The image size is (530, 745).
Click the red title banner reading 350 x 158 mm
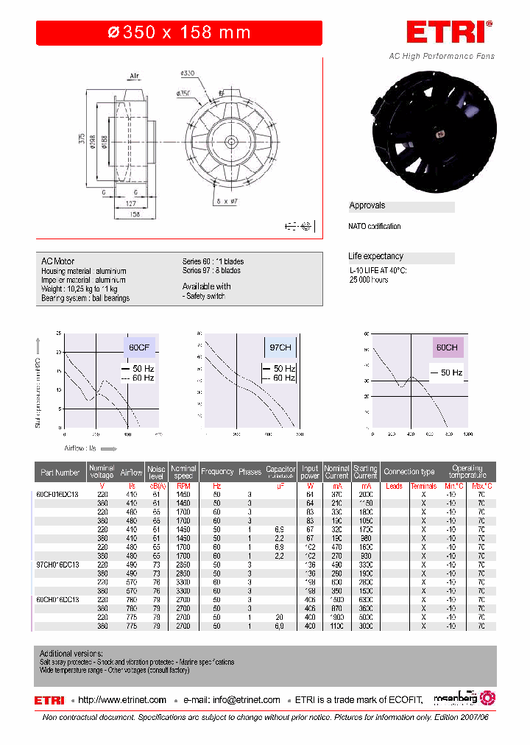coord(179,33)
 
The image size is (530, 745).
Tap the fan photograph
coord(435,129)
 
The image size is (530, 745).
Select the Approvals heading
coord(367,206)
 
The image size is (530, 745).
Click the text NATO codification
coord(375,227)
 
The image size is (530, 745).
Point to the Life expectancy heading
coord(376,257)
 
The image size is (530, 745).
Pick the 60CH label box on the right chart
coord(448,347)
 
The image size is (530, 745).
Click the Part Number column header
coord(60,472)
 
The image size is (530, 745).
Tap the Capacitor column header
coord(280,472)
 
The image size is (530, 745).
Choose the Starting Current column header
coord(365,472)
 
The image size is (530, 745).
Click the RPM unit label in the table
coord(183,486)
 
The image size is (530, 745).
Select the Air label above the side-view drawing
coord(135,76)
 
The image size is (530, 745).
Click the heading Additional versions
coord(71,654)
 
